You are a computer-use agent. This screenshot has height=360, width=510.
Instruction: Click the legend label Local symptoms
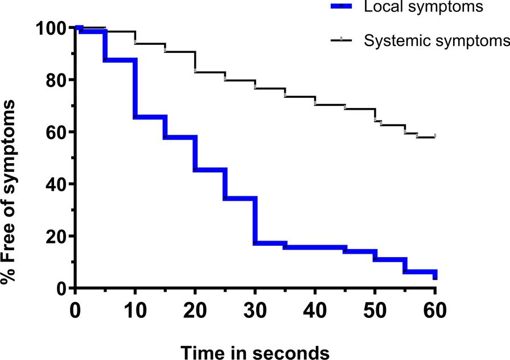click(423, 7)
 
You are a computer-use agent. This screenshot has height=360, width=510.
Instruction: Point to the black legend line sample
click(340, 40)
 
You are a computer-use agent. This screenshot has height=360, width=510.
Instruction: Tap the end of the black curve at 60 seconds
click(435, 136)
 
